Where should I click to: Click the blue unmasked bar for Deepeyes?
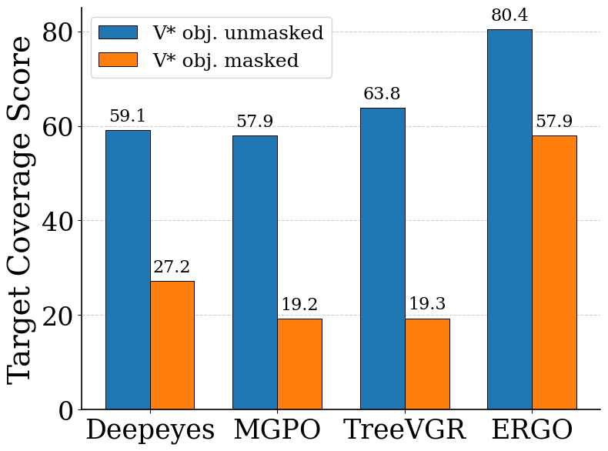point(128,269)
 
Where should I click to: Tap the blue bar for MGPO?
point(255,272)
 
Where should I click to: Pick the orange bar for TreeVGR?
point(427,363)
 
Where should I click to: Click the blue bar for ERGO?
point(509,219)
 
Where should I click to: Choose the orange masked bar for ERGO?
point(554,272)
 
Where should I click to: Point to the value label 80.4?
point(509,15)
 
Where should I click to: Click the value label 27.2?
point(172,267)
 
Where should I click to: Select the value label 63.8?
point(383,94)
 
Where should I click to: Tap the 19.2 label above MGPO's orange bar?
point(299,305)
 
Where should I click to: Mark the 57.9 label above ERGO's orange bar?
point(554,122)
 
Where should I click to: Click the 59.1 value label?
point(128,116)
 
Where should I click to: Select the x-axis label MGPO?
point(277,429)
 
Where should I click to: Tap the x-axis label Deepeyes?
point(150,429)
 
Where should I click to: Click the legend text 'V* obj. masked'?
point(225,60)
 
